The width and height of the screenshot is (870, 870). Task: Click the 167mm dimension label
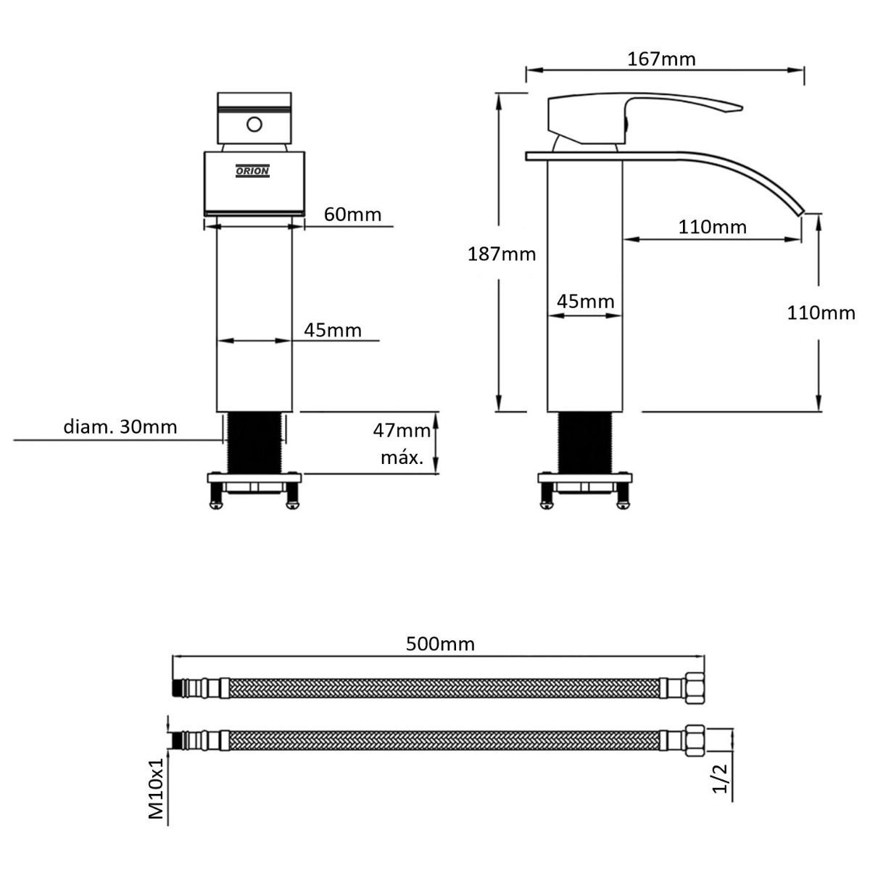pos(661,59)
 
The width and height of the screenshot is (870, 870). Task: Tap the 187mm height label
pos(502,254)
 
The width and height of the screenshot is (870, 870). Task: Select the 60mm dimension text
pos(352,215)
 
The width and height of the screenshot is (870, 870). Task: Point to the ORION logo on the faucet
pos(252,170)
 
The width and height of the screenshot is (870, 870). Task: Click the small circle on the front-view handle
pos(254,124)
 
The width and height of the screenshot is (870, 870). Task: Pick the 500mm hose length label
pos(440,644)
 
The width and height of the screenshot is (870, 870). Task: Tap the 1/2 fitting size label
pos(720,779)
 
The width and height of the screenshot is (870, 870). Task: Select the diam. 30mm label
pos(120,426)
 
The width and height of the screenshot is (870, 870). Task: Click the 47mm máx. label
pos(402,444)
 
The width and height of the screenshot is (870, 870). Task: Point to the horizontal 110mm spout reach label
pos(713,227)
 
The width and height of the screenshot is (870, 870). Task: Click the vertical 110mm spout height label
pos(821,313)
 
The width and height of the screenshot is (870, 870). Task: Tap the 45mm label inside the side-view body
pos(586,301)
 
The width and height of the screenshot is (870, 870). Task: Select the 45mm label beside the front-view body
pos(333,330)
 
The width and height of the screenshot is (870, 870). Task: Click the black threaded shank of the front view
pos(254,443)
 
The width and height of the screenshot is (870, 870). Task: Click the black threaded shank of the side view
pos(585,443)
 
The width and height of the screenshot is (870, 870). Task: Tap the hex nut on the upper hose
pos(695,689)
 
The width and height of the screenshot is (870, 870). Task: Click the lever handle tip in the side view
pos(741,108)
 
